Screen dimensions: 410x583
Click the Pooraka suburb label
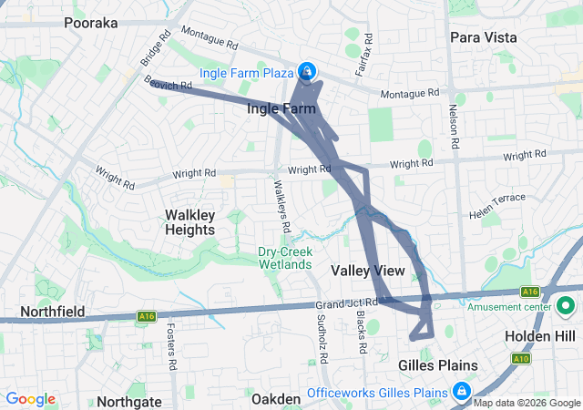click(92, 23)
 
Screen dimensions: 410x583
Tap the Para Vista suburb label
click(483, 37)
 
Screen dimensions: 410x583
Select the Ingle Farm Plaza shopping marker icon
click(309, 70)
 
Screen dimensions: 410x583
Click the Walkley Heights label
click(189, 221)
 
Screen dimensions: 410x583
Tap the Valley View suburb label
click(368, 271)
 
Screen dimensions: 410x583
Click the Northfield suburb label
click(43, 312)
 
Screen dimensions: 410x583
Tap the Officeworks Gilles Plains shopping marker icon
click(463, 391)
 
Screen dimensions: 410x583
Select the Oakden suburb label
click(275, 399)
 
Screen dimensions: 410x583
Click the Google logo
click(30, 399)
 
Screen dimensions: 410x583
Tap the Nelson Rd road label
click(453, 125)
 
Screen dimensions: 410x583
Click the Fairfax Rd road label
click(368, 54)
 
